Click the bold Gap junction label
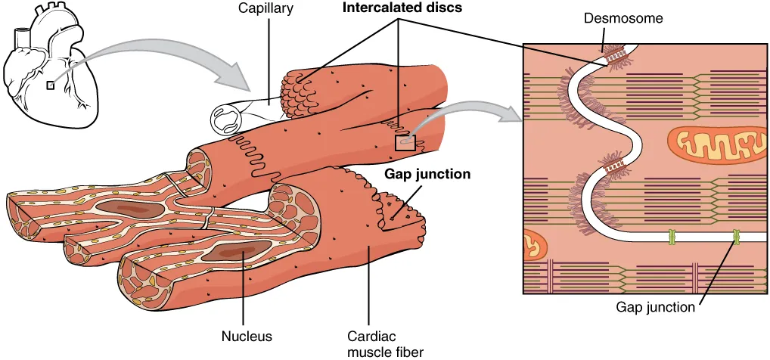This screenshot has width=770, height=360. pos(427,174)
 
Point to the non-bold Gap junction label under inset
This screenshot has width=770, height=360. pos(655,307)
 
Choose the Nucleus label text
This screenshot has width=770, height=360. pos(247,335)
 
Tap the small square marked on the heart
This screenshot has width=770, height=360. pos(51,85)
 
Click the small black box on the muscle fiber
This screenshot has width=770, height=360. pos(405,141)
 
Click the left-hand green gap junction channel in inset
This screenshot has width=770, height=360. pos(669,238)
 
